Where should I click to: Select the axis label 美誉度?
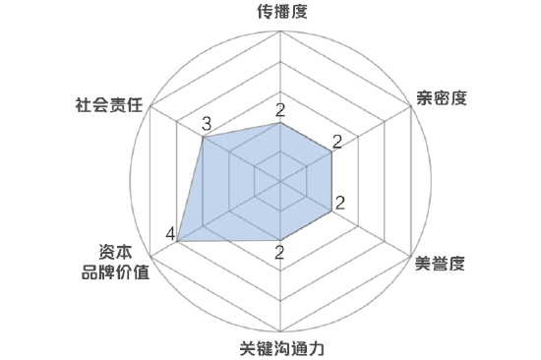coord(440,263)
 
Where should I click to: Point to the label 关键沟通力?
coord(281,347)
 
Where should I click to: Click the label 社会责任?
coord(109,102)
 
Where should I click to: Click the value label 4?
coord(171,234)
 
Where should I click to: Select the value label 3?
coord(206,124)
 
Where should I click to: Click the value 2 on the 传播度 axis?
coord(280,109)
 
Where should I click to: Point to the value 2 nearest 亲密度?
coord(337,142)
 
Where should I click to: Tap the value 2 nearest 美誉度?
coord(339,205)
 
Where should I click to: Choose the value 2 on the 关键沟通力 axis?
coord(280,253)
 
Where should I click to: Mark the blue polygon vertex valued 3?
coord(204,138)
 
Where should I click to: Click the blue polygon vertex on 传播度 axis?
coord(281,123)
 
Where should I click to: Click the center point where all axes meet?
coord(281,182)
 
